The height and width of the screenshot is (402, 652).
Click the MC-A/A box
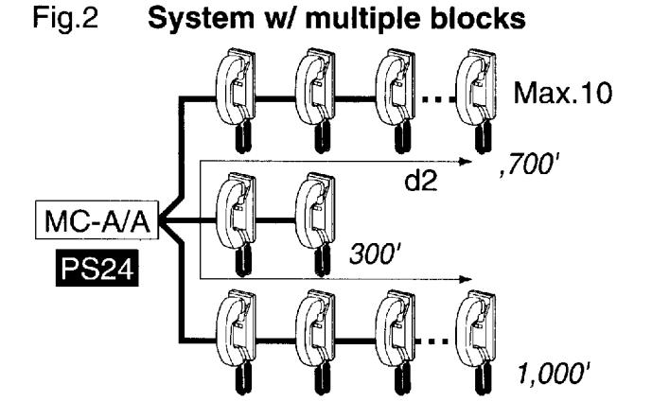(x=97, y=219)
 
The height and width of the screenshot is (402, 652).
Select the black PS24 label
(x=97, y=269)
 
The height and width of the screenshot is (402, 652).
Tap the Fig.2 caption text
(x=65, y=19)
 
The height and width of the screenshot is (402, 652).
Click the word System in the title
(x=201, y=19)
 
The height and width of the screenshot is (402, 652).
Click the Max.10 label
(x=563, y=93)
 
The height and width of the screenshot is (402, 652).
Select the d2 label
(x=421, y=181)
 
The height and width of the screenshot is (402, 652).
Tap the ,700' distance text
(x=527, y=166)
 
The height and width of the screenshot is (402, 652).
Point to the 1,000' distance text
(x=553, y=374)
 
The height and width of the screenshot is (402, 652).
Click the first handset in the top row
(x=236, y=99)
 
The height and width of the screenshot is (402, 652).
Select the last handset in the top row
(x=476, y=100)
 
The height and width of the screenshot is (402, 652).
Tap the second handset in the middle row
(x=315, y=223)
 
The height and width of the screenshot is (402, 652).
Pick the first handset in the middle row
(x=236, y=223)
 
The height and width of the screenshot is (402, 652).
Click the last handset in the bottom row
(x=476, y=342)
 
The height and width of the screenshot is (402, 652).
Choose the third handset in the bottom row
(x=395, y=342)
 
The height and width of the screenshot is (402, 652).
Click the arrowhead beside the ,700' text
(x=466, y=162)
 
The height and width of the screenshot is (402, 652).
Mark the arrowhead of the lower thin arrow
(x=466, y=279)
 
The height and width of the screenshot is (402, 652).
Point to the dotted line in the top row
(x=438, y=99)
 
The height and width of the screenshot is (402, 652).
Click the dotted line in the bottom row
(x=433, y=341)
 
